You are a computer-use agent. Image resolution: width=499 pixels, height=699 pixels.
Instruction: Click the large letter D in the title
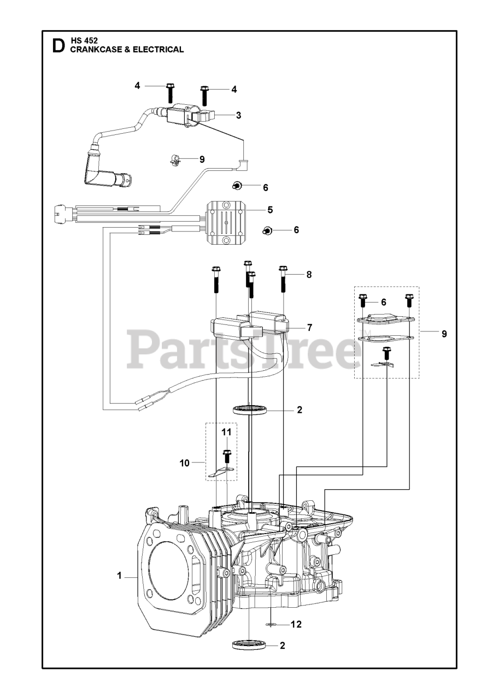57,46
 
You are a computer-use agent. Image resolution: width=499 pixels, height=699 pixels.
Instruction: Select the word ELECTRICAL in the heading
158,50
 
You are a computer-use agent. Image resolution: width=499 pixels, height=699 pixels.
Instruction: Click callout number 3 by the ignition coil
238,115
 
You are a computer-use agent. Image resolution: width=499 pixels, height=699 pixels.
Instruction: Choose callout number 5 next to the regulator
270,209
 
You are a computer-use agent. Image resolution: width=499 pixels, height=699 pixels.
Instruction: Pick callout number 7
309,328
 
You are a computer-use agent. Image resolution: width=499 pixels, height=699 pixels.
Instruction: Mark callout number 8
309,275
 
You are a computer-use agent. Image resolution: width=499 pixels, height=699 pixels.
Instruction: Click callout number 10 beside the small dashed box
184,463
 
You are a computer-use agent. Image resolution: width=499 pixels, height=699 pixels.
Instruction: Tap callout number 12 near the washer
296,624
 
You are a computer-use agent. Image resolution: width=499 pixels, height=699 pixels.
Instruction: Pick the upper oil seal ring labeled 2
251,409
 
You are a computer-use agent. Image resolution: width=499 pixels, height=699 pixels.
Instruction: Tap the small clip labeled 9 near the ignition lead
175,160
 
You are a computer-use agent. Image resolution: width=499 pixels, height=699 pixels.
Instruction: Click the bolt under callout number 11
226,458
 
